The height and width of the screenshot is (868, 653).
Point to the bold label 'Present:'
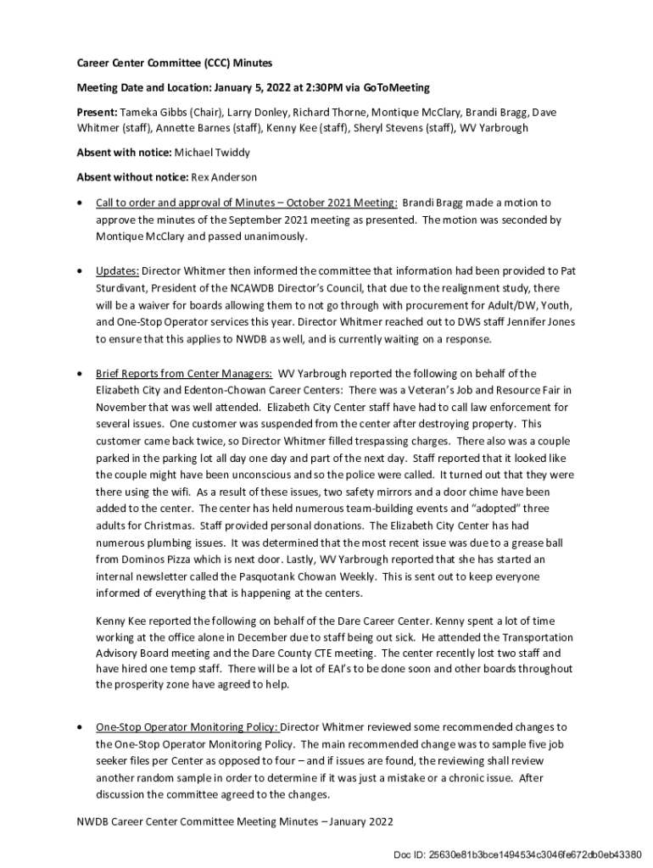tap(97, 112)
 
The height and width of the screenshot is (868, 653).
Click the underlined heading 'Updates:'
tap(117, 271)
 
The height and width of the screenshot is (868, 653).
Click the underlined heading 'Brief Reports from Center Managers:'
tap(184, 373)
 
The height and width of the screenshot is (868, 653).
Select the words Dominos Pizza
tap(159, 559)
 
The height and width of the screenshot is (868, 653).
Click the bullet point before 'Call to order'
tap(80, 203)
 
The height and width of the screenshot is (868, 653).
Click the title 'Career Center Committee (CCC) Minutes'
tap(175, 63)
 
